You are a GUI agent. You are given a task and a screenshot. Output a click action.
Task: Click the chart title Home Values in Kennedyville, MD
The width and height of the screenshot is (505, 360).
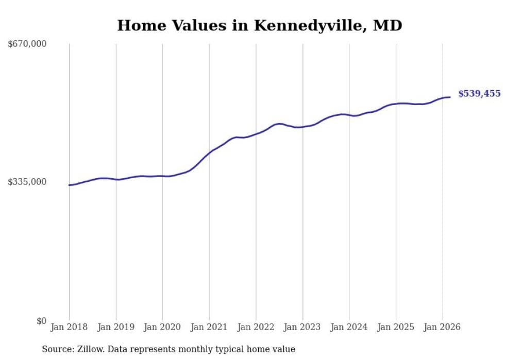[259, 25]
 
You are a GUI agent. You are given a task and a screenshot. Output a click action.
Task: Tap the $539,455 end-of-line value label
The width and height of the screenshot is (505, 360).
[479, 94]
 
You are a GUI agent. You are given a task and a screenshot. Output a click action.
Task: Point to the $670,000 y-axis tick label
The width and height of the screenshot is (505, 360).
[27, 44]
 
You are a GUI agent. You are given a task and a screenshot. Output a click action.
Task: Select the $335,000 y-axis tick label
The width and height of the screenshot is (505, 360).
[27, 182]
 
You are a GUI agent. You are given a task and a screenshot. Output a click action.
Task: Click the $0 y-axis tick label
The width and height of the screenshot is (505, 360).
[41, 321]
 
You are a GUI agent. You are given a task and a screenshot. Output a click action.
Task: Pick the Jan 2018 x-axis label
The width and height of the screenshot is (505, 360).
[69, 327]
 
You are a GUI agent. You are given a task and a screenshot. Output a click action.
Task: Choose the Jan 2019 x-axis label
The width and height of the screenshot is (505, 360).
[115, 327]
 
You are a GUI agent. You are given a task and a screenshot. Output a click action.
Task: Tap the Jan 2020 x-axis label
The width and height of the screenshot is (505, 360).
[162, 327]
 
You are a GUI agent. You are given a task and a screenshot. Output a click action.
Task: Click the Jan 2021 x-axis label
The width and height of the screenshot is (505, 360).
[209, 327]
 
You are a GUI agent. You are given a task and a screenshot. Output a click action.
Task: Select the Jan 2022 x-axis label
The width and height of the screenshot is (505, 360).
[256, 327]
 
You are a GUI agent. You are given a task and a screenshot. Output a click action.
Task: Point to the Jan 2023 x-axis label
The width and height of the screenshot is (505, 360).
[302, 327]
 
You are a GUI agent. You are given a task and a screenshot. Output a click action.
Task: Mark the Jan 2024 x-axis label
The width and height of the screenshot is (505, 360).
[349, 327]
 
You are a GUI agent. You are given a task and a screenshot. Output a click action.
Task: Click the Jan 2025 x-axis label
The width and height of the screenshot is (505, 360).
[396, 327]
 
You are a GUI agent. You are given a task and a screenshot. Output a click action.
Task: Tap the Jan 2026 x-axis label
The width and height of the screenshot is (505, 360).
[442, 327]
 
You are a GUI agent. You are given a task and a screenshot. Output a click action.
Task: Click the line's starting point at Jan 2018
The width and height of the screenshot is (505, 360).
[69, 185]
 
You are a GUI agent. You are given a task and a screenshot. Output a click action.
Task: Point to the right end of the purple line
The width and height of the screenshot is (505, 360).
[450, 97]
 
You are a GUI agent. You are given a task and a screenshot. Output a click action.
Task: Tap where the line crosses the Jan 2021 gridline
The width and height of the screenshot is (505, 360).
[209, 152]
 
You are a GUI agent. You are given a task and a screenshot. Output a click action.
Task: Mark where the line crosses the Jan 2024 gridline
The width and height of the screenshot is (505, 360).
[349, 115]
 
